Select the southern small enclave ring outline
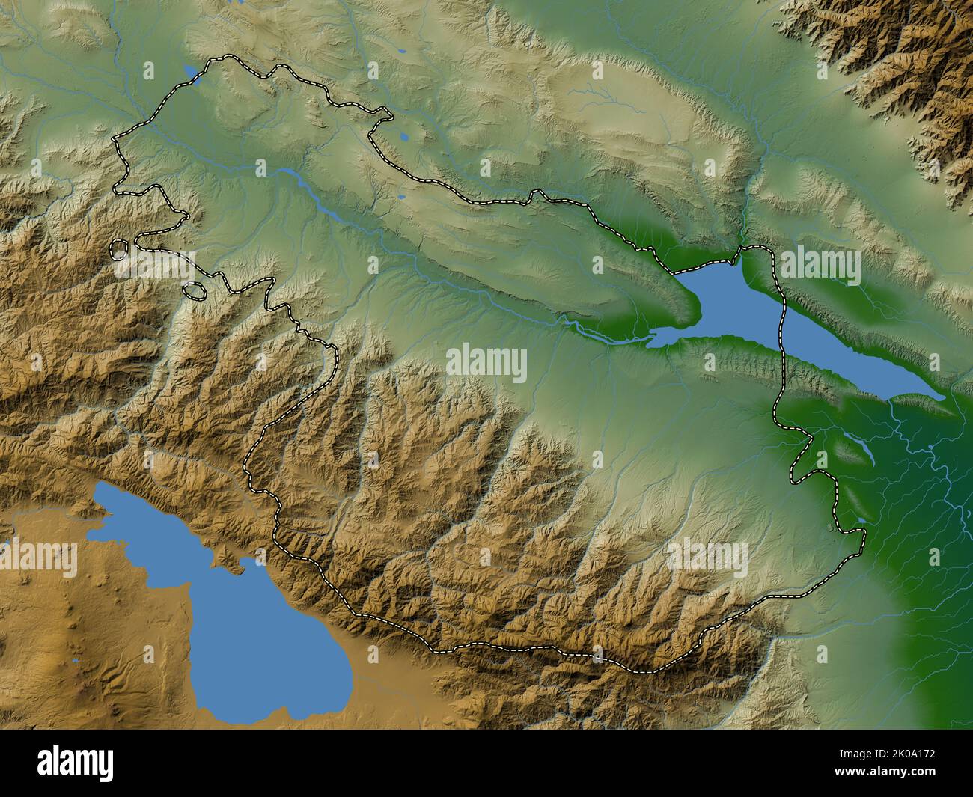click(194, 290)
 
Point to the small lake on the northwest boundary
click(192, 73)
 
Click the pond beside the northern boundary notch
click(404, 138)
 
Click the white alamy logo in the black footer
click(76, 763)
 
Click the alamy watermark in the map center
click(487, 364)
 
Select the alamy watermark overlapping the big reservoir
click(820, 266)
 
